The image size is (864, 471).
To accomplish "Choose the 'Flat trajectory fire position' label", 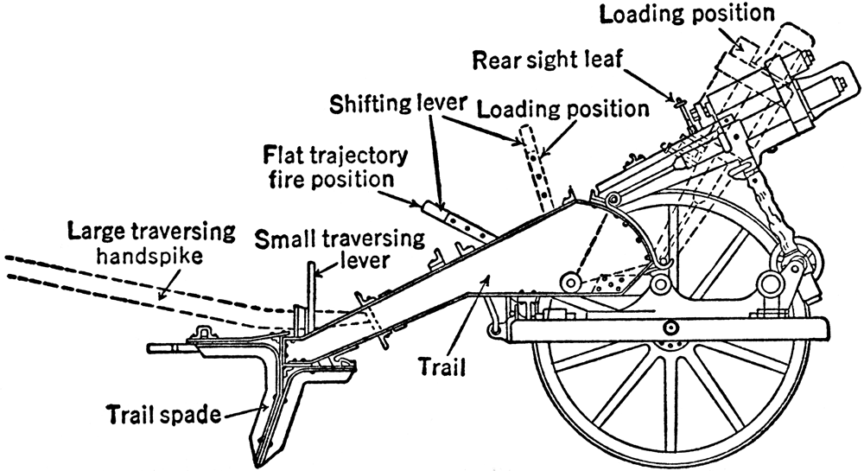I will point(334,169).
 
